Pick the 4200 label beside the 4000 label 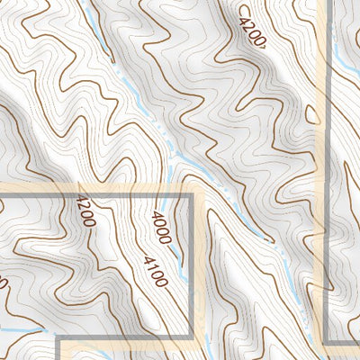tap(86, 213)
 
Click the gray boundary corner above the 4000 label tap(192, 194)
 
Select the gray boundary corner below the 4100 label tap(192, 340)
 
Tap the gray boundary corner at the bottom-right tap(326, 341)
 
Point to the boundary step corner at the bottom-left tap(59, 341)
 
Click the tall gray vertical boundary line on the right tap(326, 180)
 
